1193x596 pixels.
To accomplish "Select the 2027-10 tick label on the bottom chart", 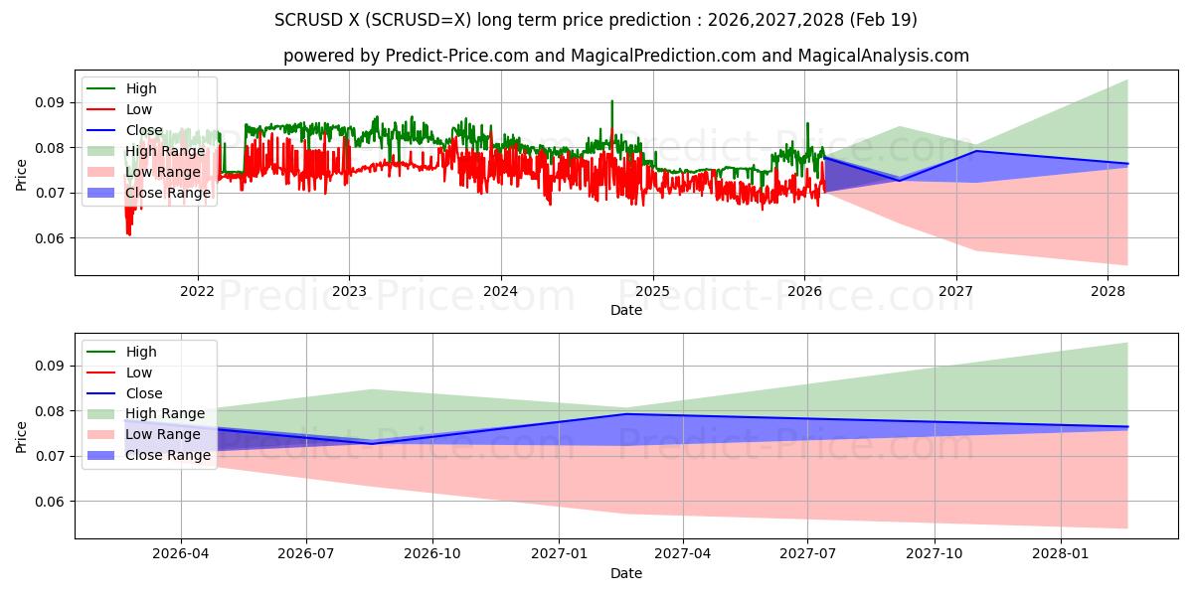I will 936,553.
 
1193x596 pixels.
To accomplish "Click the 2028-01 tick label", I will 1062,553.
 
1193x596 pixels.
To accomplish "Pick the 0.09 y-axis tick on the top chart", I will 50,102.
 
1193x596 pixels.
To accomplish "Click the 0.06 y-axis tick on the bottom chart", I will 50,502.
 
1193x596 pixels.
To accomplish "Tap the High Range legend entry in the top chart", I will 165,151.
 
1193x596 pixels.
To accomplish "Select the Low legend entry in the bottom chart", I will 139,372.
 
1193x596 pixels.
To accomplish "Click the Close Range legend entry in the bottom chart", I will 167,455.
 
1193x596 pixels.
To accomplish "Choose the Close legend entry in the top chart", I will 144,130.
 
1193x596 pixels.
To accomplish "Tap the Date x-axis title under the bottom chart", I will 626,573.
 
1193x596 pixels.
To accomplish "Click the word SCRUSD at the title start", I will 303,20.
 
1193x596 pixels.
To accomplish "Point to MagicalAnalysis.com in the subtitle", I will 885,56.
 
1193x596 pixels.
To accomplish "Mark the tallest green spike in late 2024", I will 611,101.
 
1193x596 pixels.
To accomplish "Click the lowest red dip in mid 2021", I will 129,234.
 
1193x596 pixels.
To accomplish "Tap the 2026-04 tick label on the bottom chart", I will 180,553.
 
